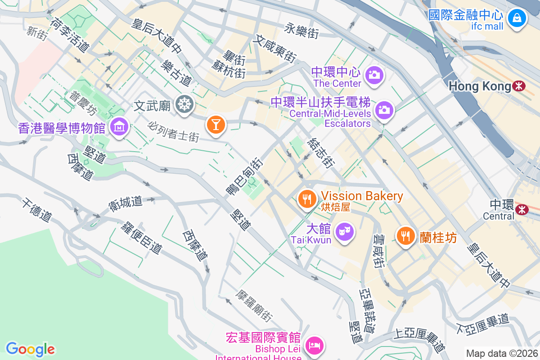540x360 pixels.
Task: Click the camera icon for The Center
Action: (x=374, y=75)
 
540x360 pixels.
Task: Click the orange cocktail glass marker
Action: (x=216, y=125)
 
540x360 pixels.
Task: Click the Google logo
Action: (x=30, y=349)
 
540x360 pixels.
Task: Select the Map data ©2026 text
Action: (x=501, y=353)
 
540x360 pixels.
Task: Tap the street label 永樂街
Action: (x=302, y=30)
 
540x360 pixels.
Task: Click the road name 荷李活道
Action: (x=70, y=34)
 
